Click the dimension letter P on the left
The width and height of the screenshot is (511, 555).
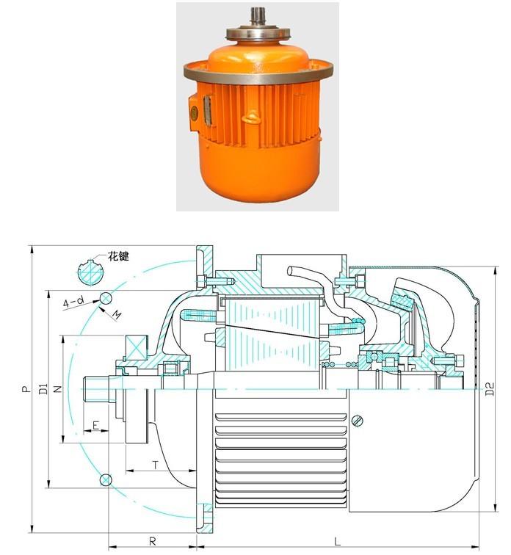[24, 390]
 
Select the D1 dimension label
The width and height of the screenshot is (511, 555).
[43, 390]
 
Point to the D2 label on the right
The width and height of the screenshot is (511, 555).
[490, 390]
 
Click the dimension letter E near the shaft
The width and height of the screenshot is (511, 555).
[95, 426]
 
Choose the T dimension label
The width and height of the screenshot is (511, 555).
[155, 464]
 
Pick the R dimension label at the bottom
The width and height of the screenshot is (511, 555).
[153, 541]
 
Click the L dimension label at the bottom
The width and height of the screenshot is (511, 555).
[337, 541]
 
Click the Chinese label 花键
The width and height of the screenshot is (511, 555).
[118, 257]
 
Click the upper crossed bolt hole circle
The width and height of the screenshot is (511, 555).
[106, 297]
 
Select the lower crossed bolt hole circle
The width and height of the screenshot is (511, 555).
[106, 480]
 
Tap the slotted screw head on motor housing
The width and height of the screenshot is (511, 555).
[358, 420]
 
